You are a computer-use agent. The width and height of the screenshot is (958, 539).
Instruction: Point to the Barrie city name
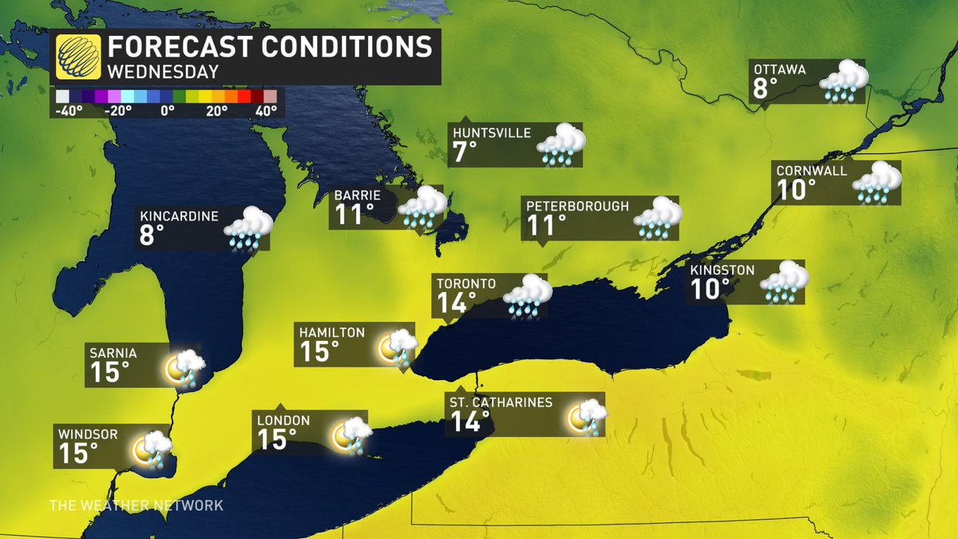coord(358,195)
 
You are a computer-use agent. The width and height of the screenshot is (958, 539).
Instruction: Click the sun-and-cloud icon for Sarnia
coord(184,367)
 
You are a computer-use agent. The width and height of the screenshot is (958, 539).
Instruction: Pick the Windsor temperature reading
coord(78,454)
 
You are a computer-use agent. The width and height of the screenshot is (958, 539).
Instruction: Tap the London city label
coord(283,420)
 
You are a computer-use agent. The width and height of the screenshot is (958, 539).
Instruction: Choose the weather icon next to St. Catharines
coord(587,416)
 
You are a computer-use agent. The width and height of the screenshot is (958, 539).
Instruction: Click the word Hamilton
coord(332,332)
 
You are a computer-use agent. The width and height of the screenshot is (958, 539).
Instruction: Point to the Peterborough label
coord(577,206)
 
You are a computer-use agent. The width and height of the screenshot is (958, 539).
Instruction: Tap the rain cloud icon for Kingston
coord(784,282)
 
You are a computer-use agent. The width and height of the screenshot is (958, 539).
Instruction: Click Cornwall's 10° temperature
coord(796,189)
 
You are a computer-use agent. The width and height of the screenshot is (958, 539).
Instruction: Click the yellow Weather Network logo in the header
coord(77,57)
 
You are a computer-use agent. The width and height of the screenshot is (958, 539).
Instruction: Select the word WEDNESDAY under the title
coord(164,72)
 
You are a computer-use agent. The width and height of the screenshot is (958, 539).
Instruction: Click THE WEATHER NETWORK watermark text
coord(137,505)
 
